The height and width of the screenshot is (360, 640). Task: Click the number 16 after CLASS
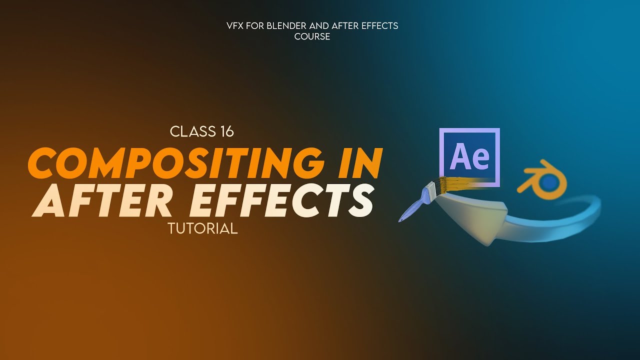[x=225, y=132]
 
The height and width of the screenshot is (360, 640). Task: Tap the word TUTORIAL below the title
[x=202, y=229]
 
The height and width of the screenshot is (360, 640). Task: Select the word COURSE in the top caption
[x=312, y=36]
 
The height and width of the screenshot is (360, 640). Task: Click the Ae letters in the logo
[x=469, y=156]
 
